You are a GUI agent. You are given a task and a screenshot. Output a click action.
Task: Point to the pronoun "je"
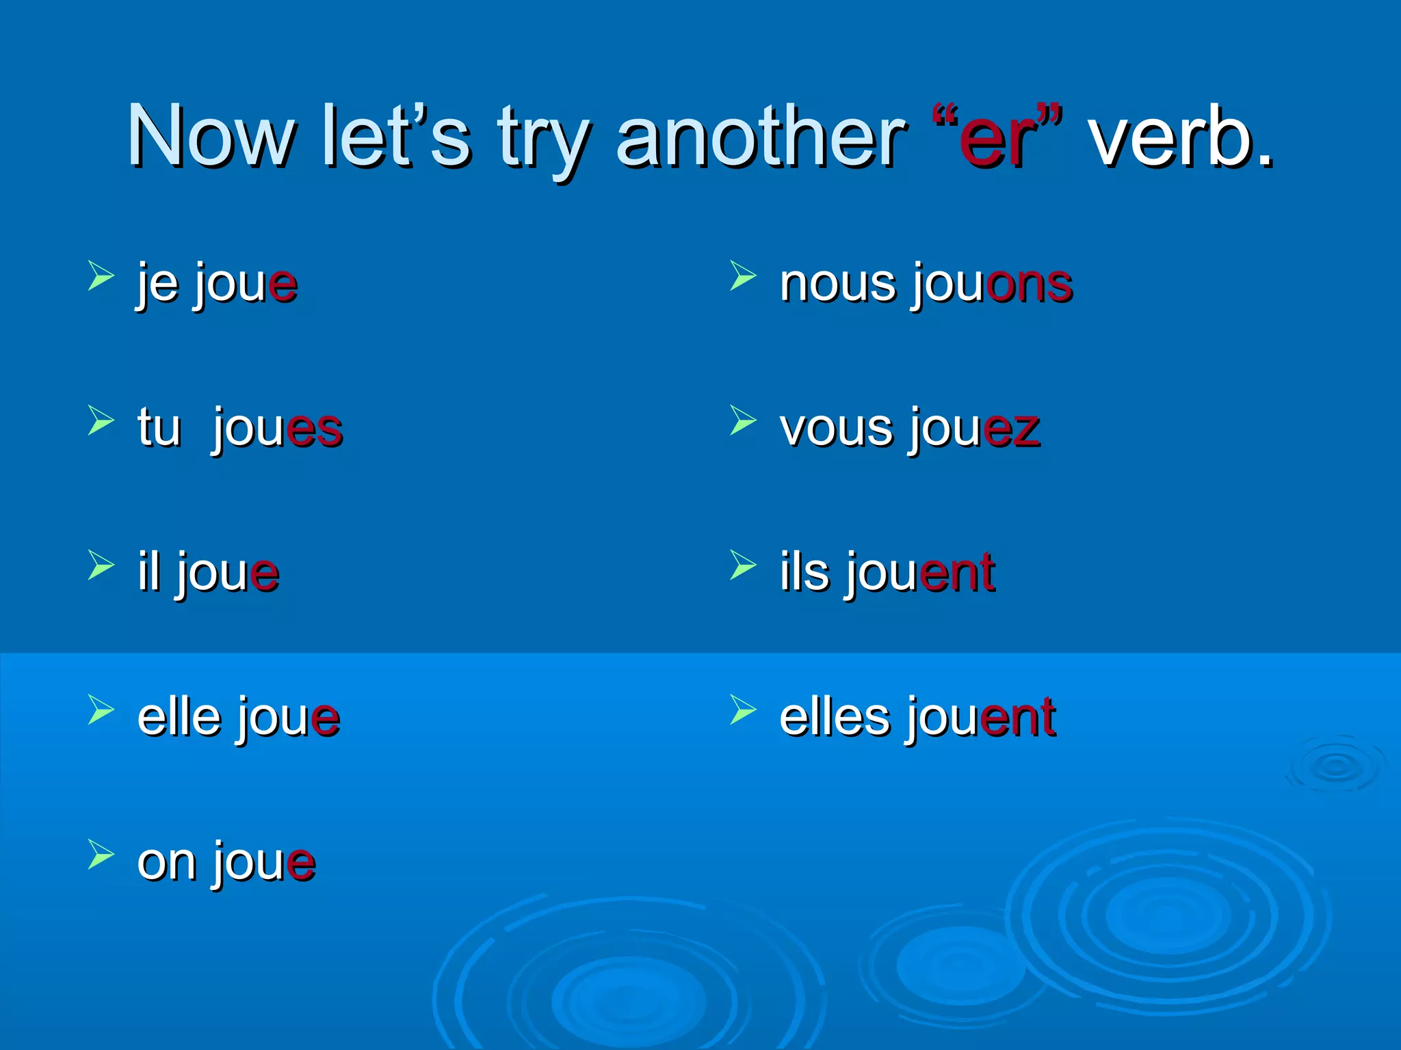(157, 284)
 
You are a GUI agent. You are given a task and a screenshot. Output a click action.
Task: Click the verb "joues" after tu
(277, 429)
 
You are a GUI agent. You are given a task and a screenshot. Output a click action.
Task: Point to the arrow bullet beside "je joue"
(101, 275)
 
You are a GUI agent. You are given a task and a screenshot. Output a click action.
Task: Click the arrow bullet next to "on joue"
(101, 854)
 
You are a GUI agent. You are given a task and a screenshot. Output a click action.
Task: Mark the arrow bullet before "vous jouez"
(743, 420)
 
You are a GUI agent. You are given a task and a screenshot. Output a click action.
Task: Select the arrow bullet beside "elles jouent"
(743, 709)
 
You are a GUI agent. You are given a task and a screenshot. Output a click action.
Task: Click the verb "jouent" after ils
(920, 573)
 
